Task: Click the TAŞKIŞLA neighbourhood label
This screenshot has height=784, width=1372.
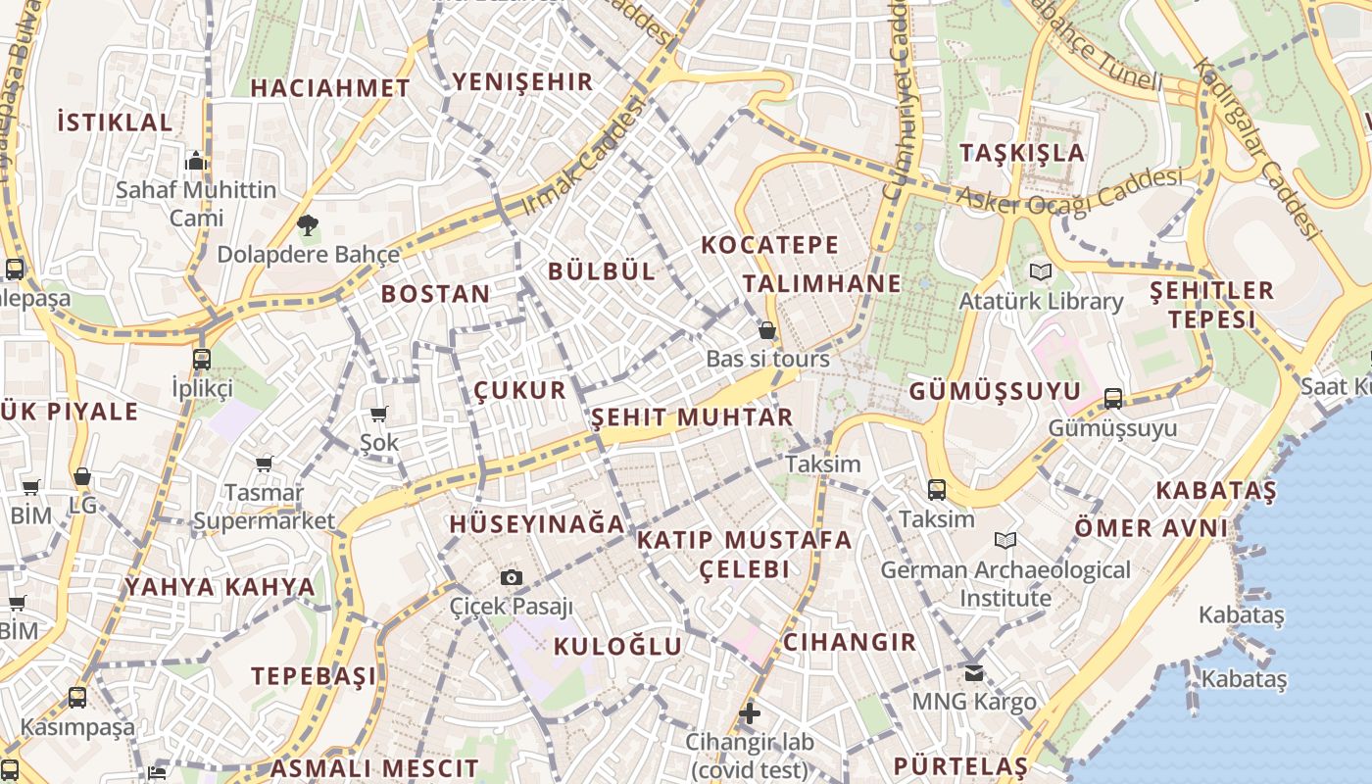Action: [x=1022, y=153]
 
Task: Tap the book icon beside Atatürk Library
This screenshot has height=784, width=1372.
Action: [x=1040, y=271]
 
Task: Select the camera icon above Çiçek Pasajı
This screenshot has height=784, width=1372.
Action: [x=511, y=577]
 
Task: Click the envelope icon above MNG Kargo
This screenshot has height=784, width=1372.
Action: [x=973, y=672]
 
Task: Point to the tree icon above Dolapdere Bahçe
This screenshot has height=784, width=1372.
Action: [x=308, y=225]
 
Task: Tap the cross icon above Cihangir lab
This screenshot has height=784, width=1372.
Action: [x=750, y=712]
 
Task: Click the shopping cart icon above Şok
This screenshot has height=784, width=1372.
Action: [x=378, y=415]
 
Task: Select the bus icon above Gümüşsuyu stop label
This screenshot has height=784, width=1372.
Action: [x=1112, y=399]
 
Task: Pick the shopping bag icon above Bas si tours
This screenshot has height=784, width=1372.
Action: [x=767, y=331]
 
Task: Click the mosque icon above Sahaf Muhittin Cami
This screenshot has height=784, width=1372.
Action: [x=196, y=161]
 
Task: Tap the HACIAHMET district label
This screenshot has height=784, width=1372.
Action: [x=329, y=88]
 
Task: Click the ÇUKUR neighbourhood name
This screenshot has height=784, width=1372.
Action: [x=519, y=390]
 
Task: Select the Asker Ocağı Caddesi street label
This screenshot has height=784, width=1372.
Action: [x=1068, y=191]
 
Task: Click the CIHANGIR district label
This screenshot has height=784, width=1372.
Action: [x=849, y=643]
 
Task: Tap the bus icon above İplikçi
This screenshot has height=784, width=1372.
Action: [x=202, y=359]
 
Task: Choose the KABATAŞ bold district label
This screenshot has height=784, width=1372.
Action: [x=1216, y=490]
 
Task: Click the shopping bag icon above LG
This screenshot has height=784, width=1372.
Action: [x=82, y=477]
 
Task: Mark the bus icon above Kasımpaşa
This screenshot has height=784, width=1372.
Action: [x=76, y=698]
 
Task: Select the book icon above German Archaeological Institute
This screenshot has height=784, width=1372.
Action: [x=1004, y=540]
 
